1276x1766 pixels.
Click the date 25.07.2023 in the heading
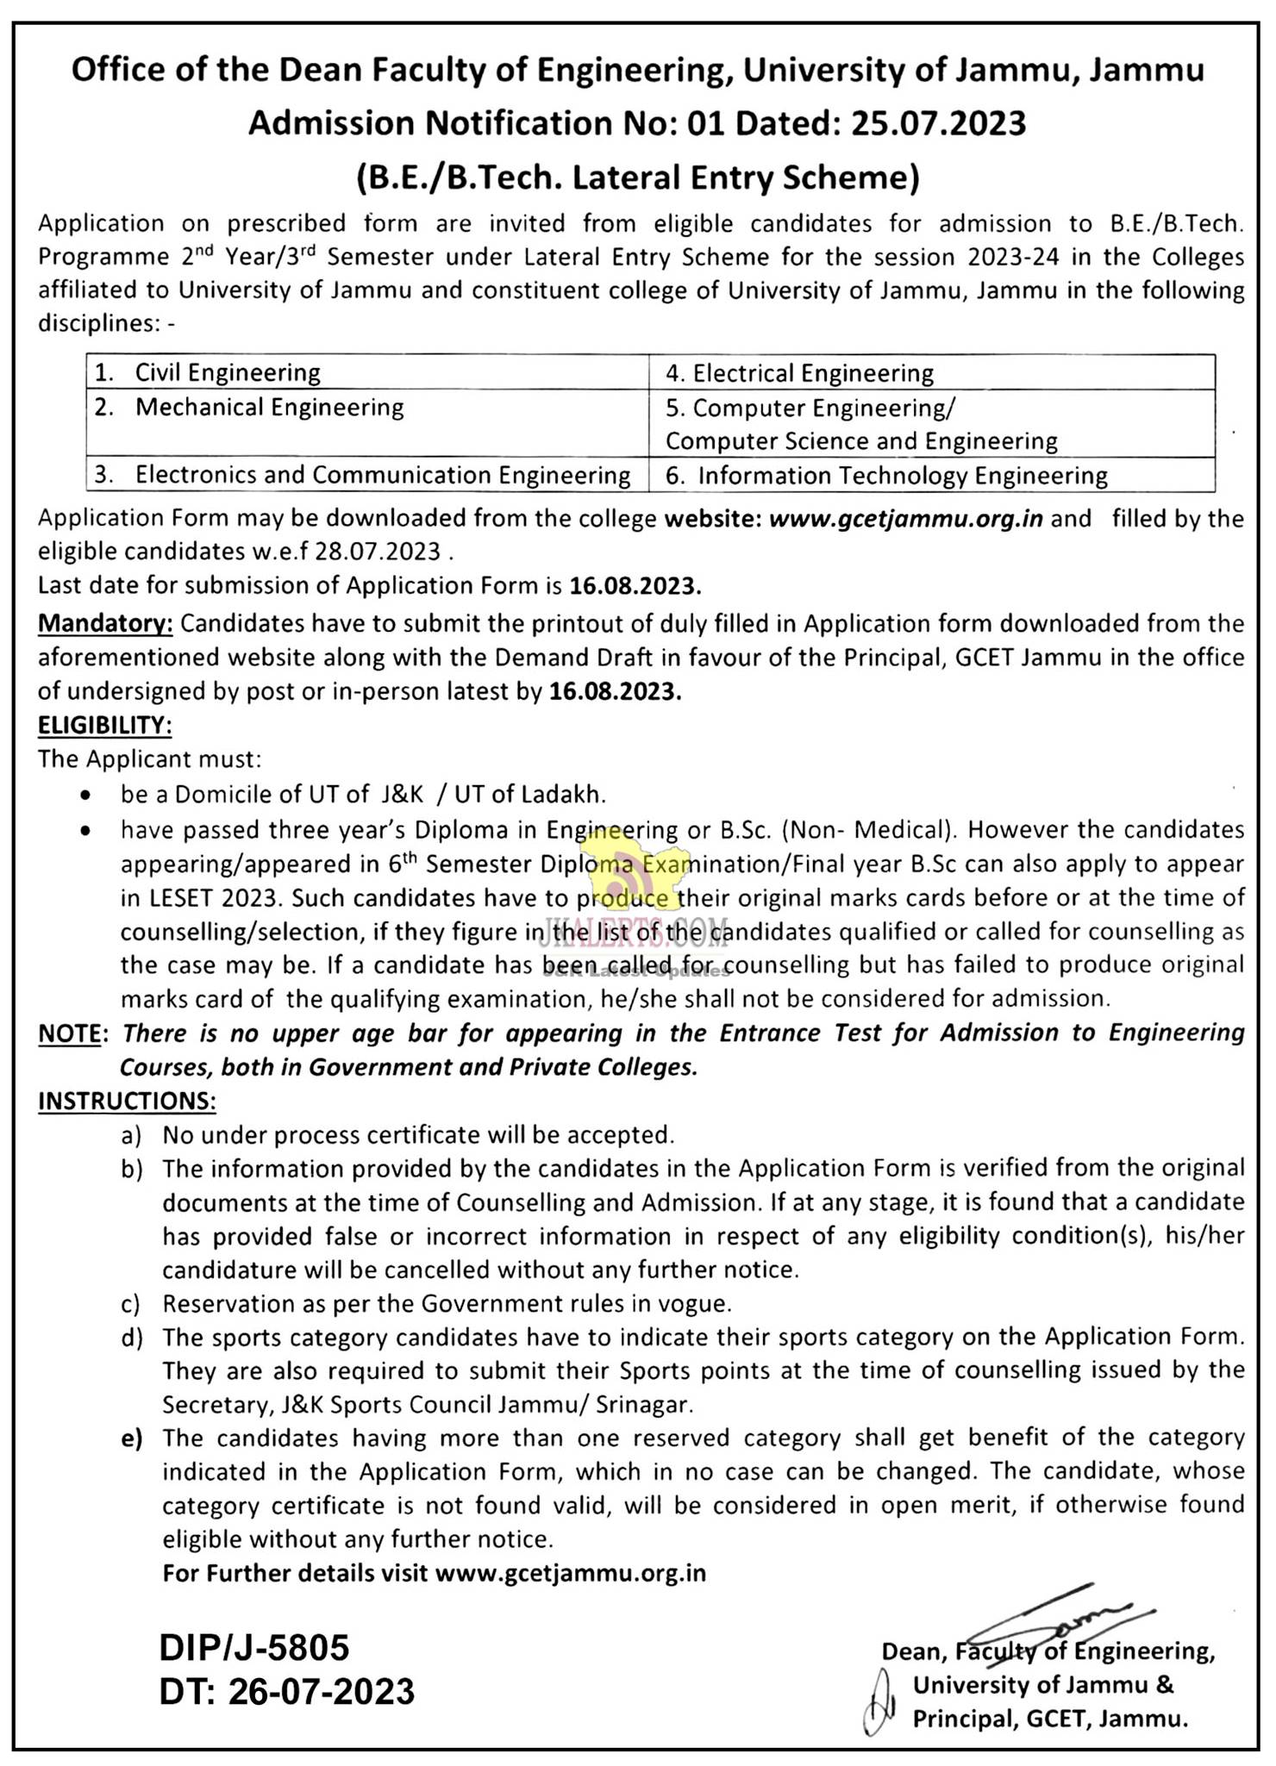[x=939, y=123]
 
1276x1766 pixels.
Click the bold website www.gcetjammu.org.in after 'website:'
[x=905, y=519]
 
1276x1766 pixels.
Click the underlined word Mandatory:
[x=105, y=623]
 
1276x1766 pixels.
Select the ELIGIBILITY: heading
[x=104, y=726]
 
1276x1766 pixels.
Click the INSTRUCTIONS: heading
[x=126, y=1101]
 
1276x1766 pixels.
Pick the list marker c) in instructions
[x=131, y=1304]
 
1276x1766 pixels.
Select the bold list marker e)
[x=131, y=1438]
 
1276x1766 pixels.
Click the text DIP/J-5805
[x=254, y=1648]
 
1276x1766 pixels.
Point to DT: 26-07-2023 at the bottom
[x=286, y=1691]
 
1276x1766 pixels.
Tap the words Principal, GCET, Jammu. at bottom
[x=1049, y=1719]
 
